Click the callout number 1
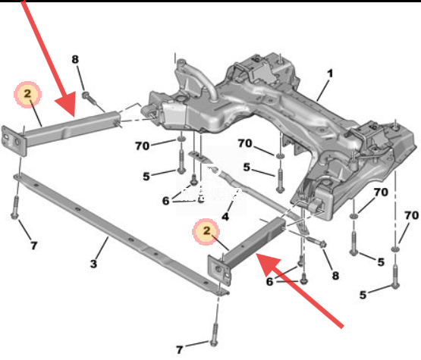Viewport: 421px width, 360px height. (330, 74)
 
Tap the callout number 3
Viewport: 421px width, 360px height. (93, 264)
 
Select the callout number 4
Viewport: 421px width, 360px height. (225, 217)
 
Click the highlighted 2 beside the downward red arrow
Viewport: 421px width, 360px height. (27, 94)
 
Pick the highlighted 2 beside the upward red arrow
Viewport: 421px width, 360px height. (206, 230)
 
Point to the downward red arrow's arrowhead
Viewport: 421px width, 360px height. (67, 105)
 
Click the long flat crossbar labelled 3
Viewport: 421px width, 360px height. (121, 233)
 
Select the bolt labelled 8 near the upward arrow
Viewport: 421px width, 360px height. (317, 242)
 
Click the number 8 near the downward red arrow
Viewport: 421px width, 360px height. (75, 59)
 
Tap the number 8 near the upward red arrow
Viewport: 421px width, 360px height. (335, 276)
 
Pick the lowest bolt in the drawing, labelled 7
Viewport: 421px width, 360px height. (214, 334)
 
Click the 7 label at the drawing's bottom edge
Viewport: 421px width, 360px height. (179, 349)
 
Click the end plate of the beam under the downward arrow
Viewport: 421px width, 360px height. (14, 140)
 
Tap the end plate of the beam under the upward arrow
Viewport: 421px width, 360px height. (219, 271)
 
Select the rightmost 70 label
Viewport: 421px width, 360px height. (412, 215)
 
